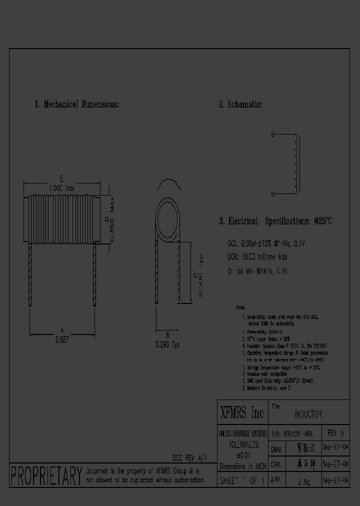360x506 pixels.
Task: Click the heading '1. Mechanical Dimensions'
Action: [x=76, y=104]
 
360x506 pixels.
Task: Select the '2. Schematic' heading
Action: [x=240, y=104]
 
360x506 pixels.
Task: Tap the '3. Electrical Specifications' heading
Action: [x=275, y=221]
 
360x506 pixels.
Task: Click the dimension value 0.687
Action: [x=62, y=339]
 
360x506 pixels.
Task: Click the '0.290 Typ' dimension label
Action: [x=167, y=345]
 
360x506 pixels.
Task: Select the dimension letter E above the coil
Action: [x=61, y=179]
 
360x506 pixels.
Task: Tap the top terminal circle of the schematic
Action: [x=272, y=134]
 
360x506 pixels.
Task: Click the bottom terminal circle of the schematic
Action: [x=272, y=193]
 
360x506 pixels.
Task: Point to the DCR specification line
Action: [x=257, y=257]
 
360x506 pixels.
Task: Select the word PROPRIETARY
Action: [x=46, y=476]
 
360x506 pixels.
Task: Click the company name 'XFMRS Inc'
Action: [x=242, y=413]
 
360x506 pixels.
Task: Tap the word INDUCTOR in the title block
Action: [x=308, y=414]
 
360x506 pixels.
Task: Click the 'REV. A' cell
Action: [x=335, y=432]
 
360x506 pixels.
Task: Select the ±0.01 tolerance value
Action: [x=242, y=455]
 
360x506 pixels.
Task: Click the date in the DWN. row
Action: [x=335, y=448]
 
